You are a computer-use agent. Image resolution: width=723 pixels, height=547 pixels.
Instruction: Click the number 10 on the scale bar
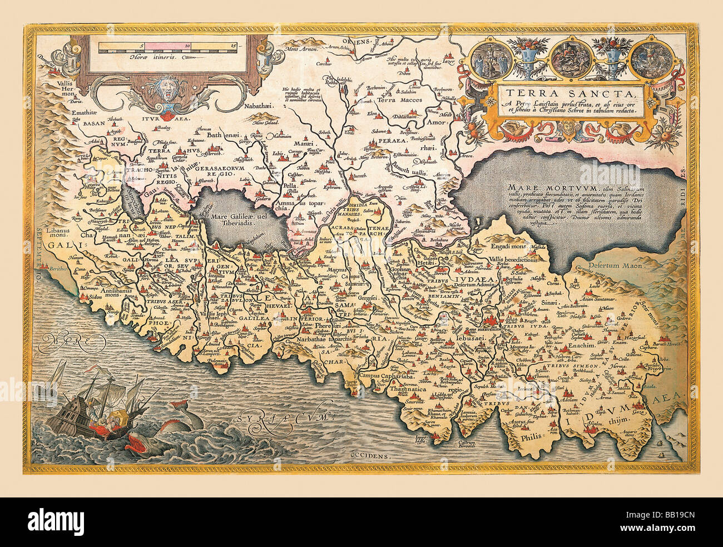coord(187,46)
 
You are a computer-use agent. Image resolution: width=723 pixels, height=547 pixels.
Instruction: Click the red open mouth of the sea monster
coord(137,443)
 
